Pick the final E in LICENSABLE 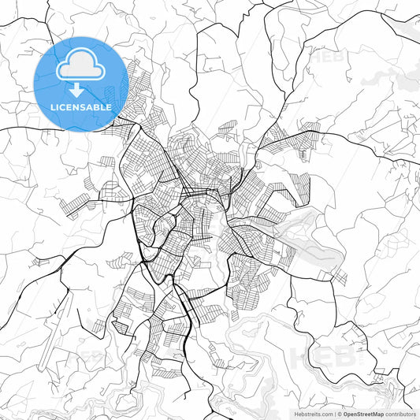(109, 106)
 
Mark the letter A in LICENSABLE (91, 106)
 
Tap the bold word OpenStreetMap (362, 413)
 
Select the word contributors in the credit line (400, 413)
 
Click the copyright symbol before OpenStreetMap (339, 413)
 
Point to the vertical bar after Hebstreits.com (335, 413)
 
